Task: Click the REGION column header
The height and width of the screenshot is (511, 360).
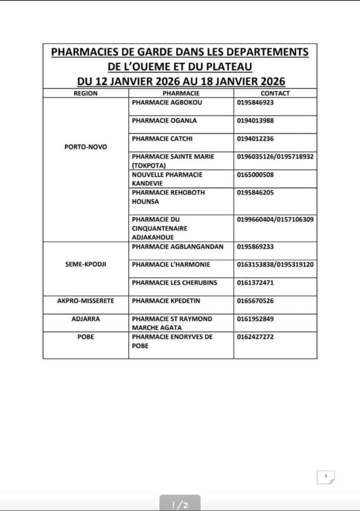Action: point(85,93)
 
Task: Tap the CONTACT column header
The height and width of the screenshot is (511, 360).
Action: point(275,93)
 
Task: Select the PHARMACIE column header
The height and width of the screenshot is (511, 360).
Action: point(181,93)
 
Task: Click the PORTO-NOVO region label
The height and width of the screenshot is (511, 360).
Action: point(86,147)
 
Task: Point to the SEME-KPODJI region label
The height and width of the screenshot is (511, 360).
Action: point(85,264)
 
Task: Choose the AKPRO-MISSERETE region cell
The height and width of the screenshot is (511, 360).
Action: point(86,301)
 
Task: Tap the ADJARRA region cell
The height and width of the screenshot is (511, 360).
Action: point(86,319)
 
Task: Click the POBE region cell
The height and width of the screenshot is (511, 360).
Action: point(86,337)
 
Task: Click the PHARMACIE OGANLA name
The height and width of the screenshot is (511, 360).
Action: point(164,120)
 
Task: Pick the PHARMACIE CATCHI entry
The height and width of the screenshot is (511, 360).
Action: point(162,139)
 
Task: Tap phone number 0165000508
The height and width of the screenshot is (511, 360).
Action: point(255,175)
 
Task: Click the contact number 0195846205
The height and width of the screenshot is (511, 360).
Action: point(255,193)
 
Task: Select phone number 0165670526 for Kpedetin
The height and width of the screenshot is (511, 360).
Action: point(255,301)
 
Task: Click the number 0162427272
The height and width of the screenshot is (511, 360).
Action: point(255,337)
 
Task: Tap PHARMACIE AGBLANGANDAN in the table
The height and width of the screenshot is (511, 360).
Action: point(178,247)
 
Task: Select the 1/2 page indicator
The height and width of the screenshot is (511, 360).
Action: point(180,505)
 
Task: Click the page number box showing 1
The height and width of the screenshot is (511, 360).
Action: point(326,477)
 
